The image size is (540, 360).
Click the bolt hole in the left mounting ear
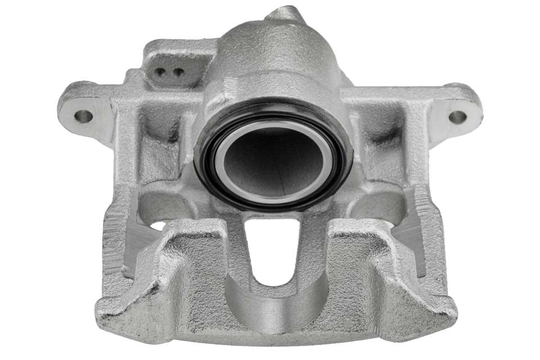(x=83, y=116)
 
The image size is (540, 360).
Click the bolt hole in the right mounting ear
(x=457, y=117)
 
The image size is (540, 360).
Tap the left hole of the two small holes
(x=161, y=71)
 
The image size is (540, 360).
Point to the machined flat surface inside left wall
(x=132, y=247)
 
